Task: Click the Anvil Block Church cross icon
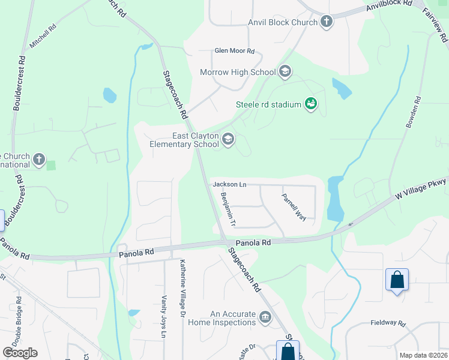(x=327, y=23)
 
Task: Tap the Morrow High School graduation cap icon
(x=285, y=73)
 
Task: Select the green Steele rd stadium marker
(x=310, y=105)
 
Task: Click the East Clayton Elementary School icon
(x=228, y=140)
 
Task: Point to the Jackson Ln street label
(x=230, y=184)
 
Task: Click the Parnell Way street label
(x=295, y=206)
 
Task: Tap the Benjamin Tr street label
(x=229, y=209)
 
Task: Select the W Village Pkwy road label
(x=420, y=189)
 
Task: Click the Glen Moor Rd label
(x=235, y=52)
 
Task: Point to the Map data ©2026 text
(x=423, y=355)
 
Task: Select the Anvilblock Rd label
(x=392, y=6)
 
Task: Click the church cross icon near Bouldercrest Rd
(x=39, y=160)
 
